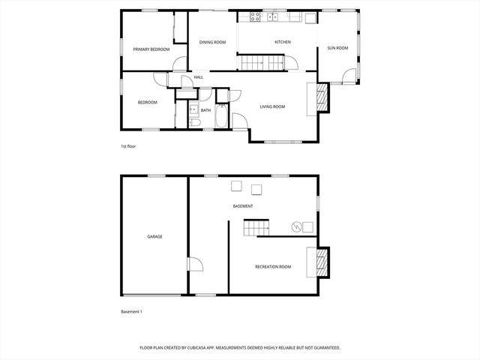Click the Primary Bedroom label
point(151,49)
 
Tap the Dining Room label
point(212,42)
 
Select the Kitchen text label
point(282,42)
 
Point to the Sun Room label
point(337,48)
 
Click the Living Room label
point(272,106)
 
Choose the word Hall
point(199,77)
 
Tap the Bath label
point(205,109)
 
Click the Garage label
point(154,236)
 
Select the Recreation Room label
point(273,267)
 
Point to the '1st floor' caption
point(128,146)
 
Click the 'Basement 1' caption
point(131,311)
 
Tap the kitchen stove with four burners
point(255,16)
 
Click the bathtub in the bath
point(223,116)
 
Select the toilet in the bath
point(193,122)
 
